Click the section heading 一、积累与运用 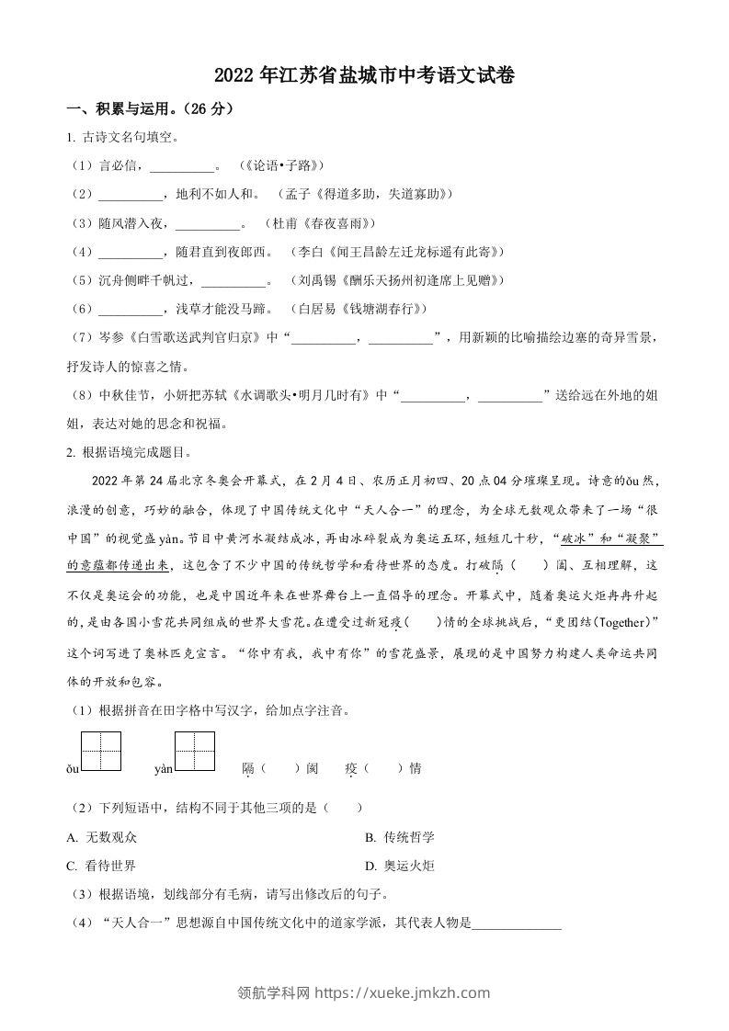152,109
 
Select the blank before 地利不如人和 130,196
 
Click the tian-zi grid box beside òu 101,752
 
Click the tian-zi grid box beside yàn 195,752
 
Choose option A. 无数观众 104,836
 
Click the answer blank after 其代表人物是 516,923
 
